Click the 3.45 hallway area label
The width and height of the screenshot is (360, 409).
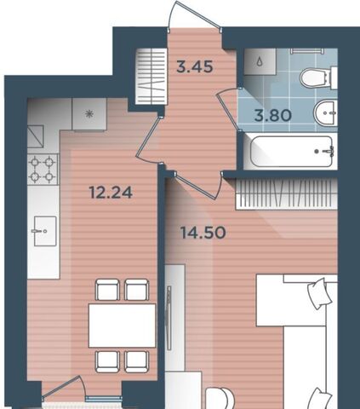pyautogui.click(x=195, y=67)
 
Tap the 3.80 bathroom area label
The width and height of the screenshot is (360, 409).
pyautogui.click(x=273, y=116)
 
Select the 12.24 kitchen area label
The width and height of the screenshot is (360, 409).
pyautogui.click(x=111, y=193)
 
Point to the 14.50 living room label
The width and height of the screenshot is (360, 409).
pyautogui.click(x=203, y=233)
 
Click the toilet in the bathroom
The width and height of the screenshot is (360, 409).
pyautogui.click(x=318, y=78)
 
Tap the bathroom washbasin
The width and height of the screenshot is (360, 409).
pyautogui.click(x=325, y=112)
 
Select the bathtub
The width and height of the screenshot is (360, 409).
pyautogui.click(x=291, y=152)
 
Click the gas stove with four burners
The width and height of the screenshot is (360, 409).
pyautogui.click(x=43, y=170)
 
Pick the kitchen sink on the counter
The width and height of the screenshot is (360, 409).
pyautogui.click(x=45, y=231)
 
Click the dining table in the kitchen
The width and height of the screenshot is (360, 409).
pyautogui.click(x=122, y=325)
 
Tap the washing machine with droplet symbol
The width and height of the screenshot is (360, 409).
pyautogui.click(x=260, y=61)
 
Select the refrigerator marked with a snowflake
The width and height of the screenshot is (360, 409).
pyautogui.click(x=89, y=114)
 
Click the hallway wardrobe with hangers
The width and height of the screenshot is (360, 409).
pyautogui.click(x=151, y=76)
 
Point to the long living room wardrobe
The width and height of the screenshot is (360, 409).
pyautogui.click(x=287, y=194)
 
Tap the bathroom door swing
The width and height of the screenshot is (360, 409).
pyautogui.click(x=228, y=109)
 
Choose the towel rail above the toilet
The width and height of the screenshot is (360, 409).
pyautogui.click(x=306, y=51)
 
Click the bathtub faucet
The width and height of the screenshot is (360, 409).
pyautogui.click(x=329, y=151)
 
